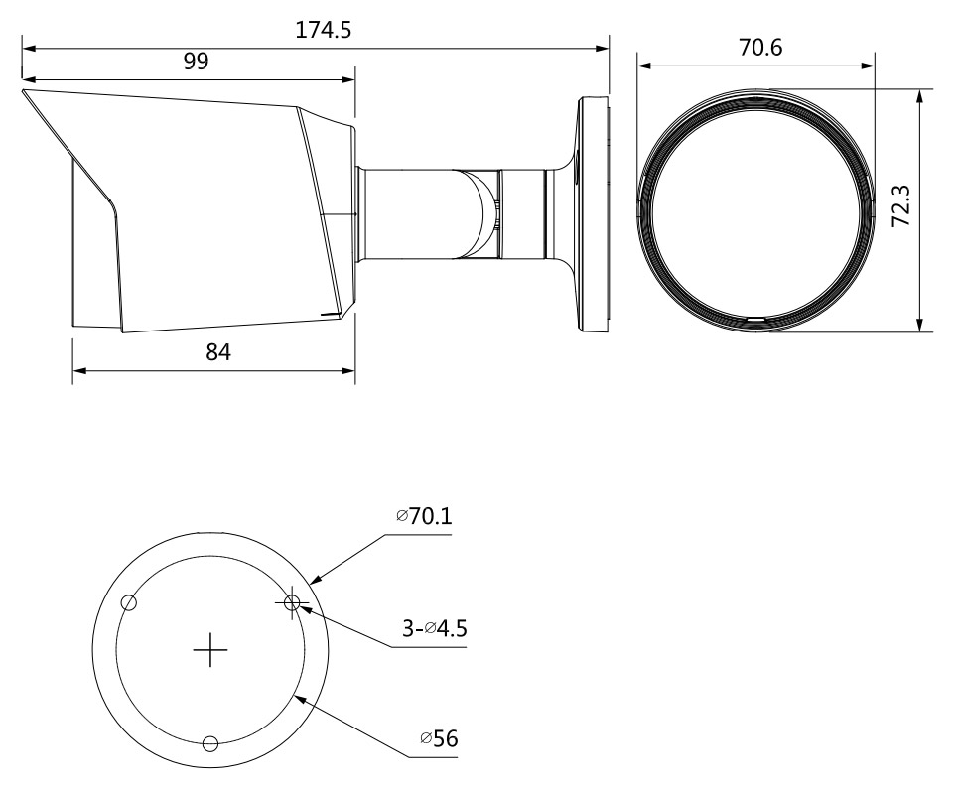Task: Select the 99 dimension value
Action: [196, 62]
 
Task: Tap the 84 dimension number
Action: [218, 352]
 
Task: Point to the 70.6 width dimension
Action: [760, 47]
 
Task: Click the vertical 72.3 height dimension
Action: [900, 206]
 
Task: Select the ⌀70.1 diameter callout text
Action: [424, 516]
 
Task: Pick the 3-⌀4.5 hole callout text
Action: [434, 627]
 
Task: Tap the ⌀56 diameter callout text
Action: [439, 738]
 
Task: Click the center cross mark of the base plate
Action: [210, 650]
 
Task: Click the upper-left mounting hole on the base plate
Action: [128, 602]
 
